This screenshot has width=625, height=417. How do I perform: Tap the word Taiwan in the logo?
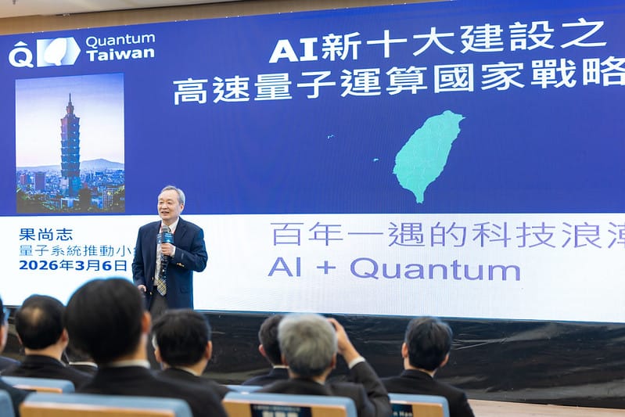120,55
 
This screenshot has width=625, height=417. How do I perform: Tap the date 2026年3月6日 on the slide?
73,265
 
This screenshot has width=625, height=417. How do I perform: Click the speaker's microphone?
165,239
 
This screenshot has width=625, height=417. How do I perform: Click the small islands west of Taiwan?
377,160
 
